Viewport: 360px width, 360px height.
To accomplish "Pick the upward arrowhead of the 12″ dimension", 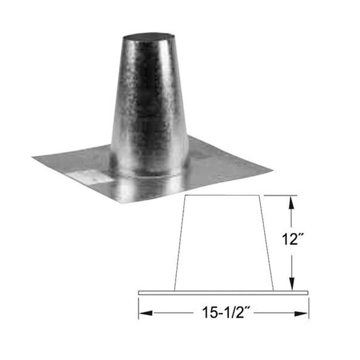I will [292, 200].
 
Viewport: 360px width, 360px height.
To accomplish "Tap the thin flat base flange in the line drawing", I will [224, 292].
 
